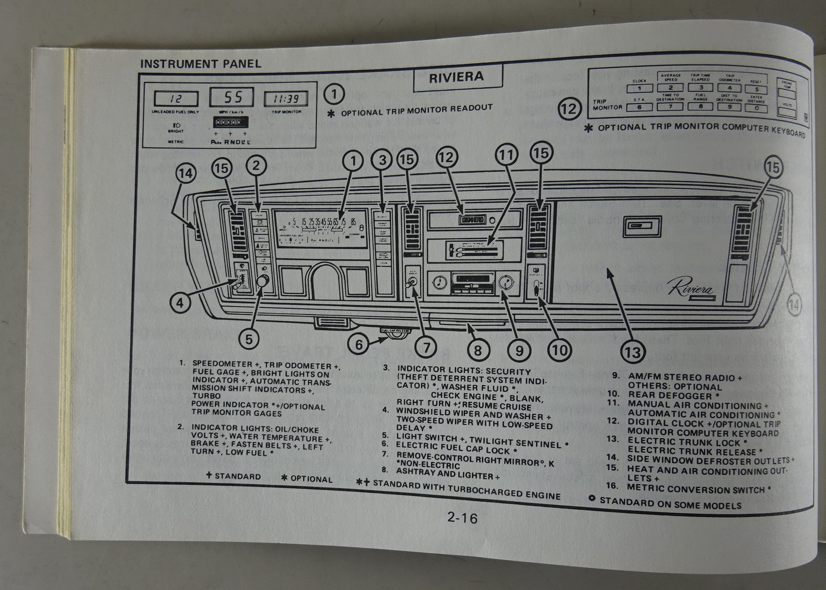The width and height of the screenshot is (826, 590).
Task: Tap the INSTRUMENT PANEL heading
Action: click(201, 64)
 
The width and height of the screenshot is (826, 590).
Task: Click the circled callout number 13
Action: click(632, 352)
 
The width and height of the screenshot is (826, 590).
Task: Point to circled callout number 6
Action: click(359, 344)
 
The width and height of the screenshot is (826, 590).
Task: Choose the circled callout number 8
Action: click(478, 351)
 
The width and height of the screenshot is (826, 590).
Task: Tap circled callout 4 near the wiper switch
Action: click(180, 303)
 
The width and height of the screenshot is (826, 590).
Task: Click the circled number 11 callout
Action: click(507, 154)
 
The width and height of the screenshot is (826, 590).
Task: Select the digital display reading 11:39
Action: click(285, 99)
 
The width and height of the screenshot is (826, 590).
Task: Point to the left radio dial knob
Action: click(439, 283)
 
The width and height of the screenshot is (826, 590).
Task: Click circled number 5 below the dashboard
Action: click(249, 338)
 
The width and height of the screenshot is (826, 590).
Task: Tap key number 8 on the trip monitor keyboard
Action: click(700, 107)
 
